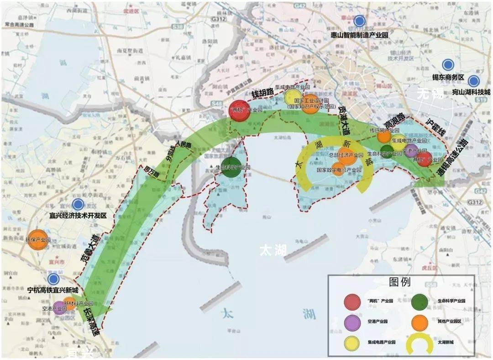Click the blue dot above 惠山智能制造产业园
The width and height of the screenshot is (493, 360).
[x=360, y=21]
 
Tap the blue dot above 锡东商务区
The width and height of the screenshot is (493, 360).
[x=448, y=65]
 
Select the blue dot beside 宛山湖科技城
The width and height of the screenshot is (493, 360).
[x=473, y=81]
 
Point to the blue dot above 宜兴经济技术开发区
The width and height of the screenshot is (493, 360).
[x=78, y=204]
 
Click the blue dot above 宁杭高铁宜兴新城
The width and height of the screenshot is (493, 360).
[x=53, y=279]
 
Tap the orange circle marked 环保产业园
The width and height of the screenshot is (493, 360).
[x=37, y=240]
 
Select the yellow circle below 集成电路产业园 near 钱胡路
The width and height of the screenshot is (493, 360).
[x=293, y=97]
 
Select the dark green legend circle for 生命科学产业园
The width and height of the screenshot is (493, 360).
[x=420, y=301]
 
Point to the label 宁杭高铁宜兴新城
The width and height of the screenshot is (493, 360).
[x=52, y=291]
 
